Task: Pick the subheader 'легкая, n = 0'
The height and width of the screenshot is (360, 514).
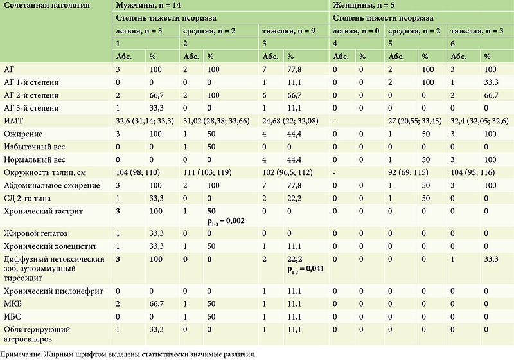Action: point(355,31)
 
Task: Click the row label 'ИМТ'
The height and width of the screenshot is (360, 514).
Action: point(13,120)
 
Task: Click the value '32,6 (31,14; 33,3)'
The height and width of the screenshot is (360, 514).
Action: point(145,120)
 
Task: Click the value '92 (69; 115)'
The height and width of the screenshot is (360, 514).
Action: point(409,173)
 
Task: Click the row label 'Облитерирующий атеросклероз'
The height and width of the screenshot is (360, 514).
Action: point(37,333)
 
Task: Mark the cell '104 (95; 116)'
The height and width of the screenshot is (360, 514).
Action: point(474,173)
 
